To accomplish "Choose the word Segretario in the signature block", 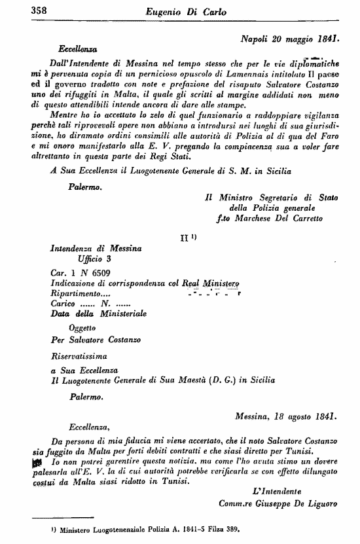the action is [x=270, y=195].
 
